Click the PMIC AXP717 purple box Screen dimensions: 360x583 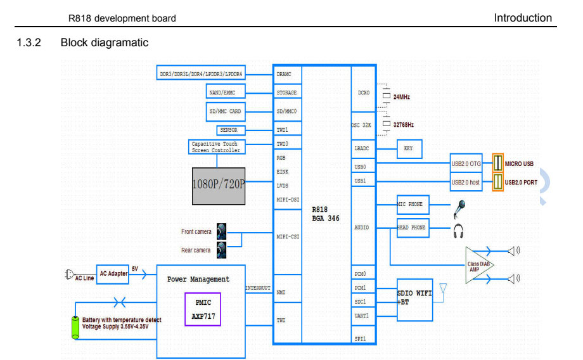click(x=203, y=309)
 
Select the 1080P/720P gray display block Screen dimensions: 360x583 click(x=219, y=185)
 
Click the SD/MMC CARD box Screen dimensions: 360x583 click(x=226, y=112)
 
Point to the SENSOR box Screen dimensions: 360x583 click(x=228, y=130)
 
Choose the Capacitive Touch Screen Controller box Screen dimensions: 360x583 click(x=216, y=147)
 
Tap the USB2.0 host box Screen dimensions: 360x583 click(x=466, y=183)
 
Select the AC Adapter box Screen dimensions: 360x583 click(x=112, y=273)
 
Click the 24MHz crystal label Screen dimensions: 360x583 click(x=401, y=97)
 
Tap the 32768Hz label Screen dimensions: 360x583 click(x=403, y=124)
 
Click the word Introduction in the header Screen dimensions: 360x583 click(x=523, y=18)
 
